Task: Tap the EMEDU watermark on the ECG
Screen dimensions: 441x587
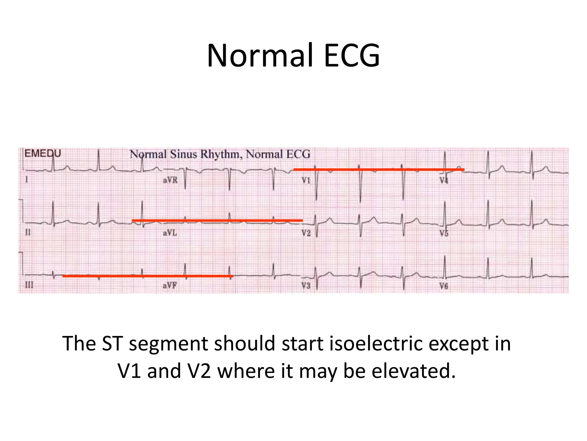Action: pos(43,154)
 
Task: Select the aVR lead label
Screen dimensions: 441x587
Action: pos(170,180)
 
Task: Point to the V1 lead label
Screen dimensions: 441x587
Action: pos(306,180)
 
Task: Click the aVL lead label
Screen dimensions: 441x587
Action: pos(170,233)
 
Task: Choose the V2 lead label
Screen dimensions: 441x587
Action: pos(306,233)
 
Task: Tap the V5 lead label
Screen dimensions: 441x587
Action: pos(444,233)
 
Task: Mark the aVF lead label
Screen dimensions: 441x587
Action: pos(170,285)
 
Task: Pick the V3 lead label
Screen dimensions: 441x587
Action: pos(306,286)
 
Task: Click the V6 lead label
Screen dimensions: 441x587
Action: pos(444,286)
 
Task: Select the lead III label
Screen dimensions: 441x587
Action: pos(29,285)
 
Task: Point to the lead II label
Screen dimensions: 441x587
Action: pos(28,232)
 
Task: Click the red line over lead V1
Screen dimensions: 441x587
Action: pos(378,170)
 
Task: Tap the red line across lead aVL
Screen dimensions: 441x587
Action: pos(217,220)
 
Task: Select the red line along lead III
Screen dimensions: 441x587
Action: pos(148,276)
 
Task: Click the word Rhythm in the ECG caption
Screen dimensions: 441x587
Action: pos(219,154)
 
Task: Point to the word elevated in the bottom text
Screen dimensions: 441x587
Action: pos(413,371)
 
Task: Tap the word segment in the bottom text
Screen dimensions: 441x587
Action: pos(169,344)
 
